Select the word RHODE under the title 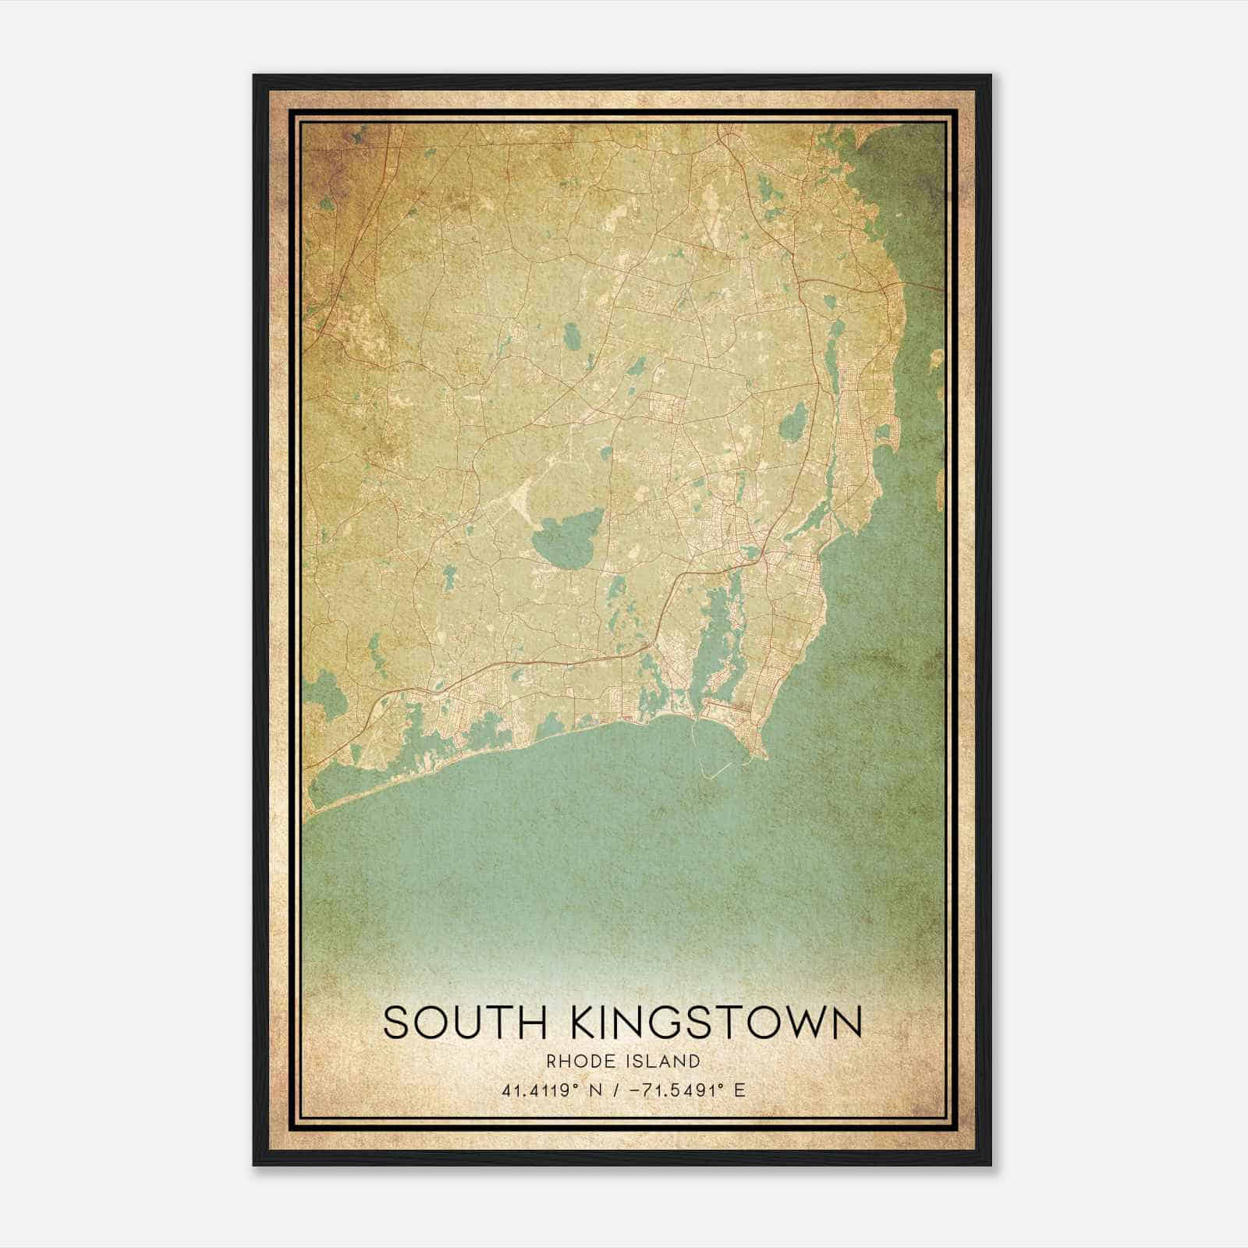[578, 1061]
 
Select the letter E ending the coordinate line [739, 1090]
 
